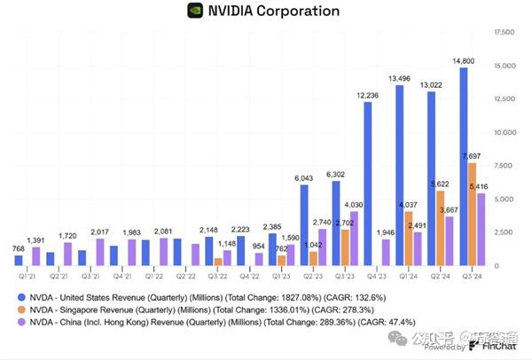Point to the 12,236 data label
pos(368,95)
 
